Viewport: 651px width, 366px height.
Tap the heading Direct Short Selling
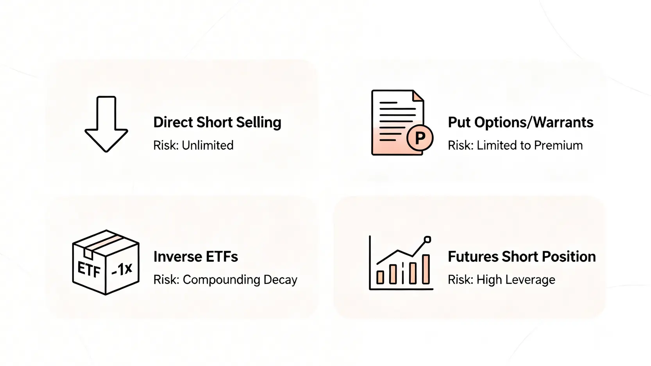pos(217,122)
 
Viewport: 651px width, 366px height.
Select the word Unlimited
pos(207,145)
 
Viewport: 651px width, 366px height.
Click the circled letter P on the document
pos(420,138)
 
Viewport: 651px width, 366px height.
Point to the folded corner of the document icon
pos(418,96)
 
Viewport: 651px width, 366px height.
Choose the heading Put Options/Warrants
pos(520,122)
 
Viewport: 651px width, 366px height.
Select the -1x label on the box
pos(122,270)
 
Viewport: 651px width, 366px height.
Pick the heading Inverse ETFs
pos(196,257)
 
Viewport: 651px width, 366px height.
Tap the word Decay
pos(280,280)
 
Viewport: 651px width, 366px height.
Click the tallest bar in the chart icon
pos(426,269)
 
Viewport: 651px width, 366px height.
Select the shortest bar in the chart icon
pos(380,277)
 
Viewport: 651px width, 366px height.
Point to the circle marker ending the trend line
pos(427,240)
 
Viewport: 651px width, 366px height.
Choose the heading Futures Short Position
pos(522,257)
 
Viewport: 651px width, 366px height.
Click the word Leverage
pos(530,280)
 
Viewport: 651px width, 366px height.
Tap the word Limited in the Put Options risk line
pos(496,145)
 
